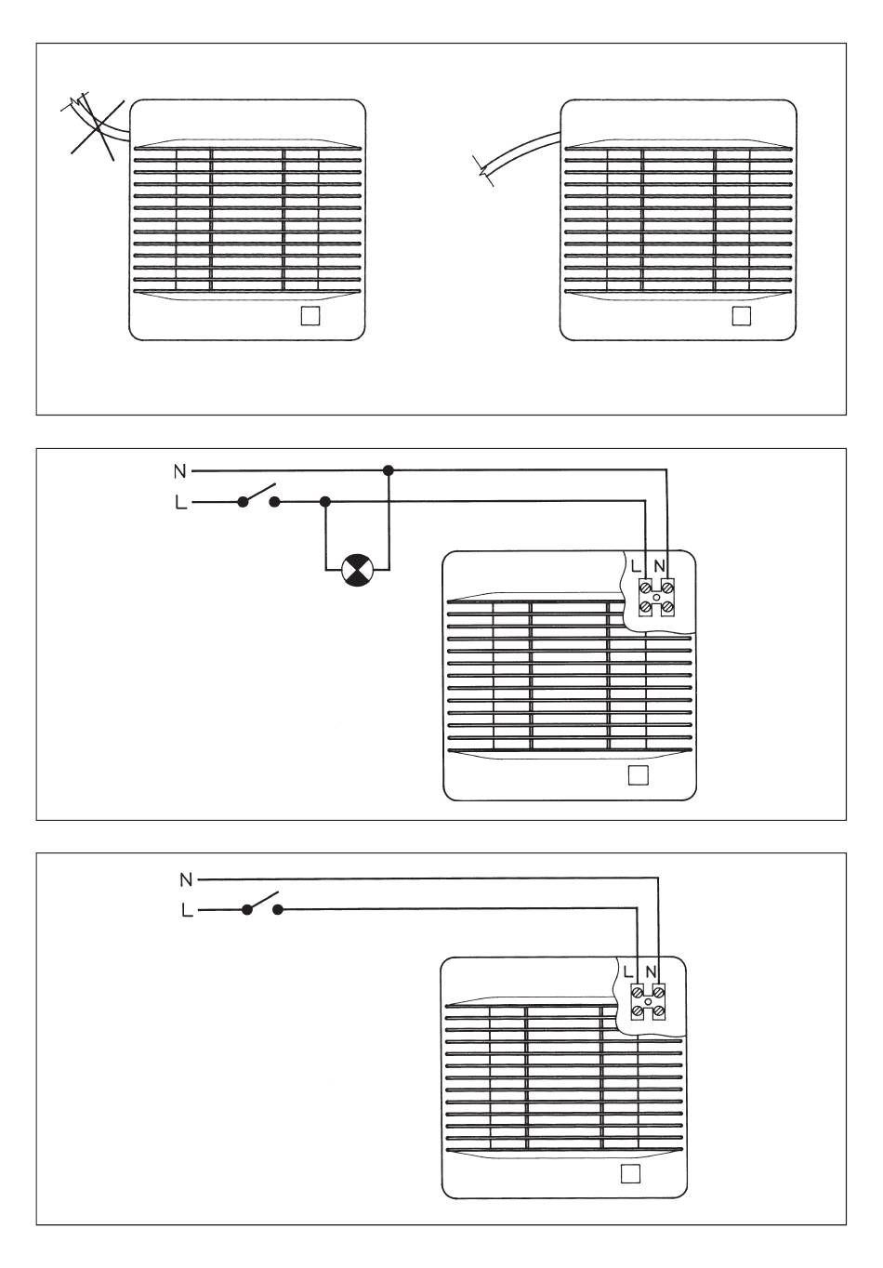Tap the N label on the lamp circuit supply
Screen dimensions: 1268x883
tap(179, 471)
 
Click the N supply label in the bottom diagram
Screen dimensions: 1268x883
tap(186, 878)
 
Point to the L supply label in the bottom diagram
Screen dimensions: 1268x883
tap(187, 910)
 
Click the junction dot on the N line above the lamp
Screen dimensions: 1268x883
tap(389, 471)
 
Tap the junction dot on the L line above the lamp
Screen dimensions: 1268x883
tap(324, 502)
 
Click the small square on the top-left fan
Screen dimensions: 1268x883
tap(311, 315)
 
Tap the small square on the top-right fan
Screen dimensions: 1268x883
tap(741, 315)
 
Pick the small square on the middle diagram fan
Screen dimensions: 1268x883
tap(638, 775)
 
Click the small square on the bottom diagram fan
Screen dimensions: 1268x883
tap(629, 1173)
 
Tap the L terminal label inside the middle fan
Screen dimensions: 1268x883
tap(636, 565)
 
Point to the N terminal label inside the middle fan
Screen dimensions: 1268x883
tap(660, 565)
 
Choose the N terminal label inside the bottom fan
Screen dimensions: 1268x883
tap(652, 972)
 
